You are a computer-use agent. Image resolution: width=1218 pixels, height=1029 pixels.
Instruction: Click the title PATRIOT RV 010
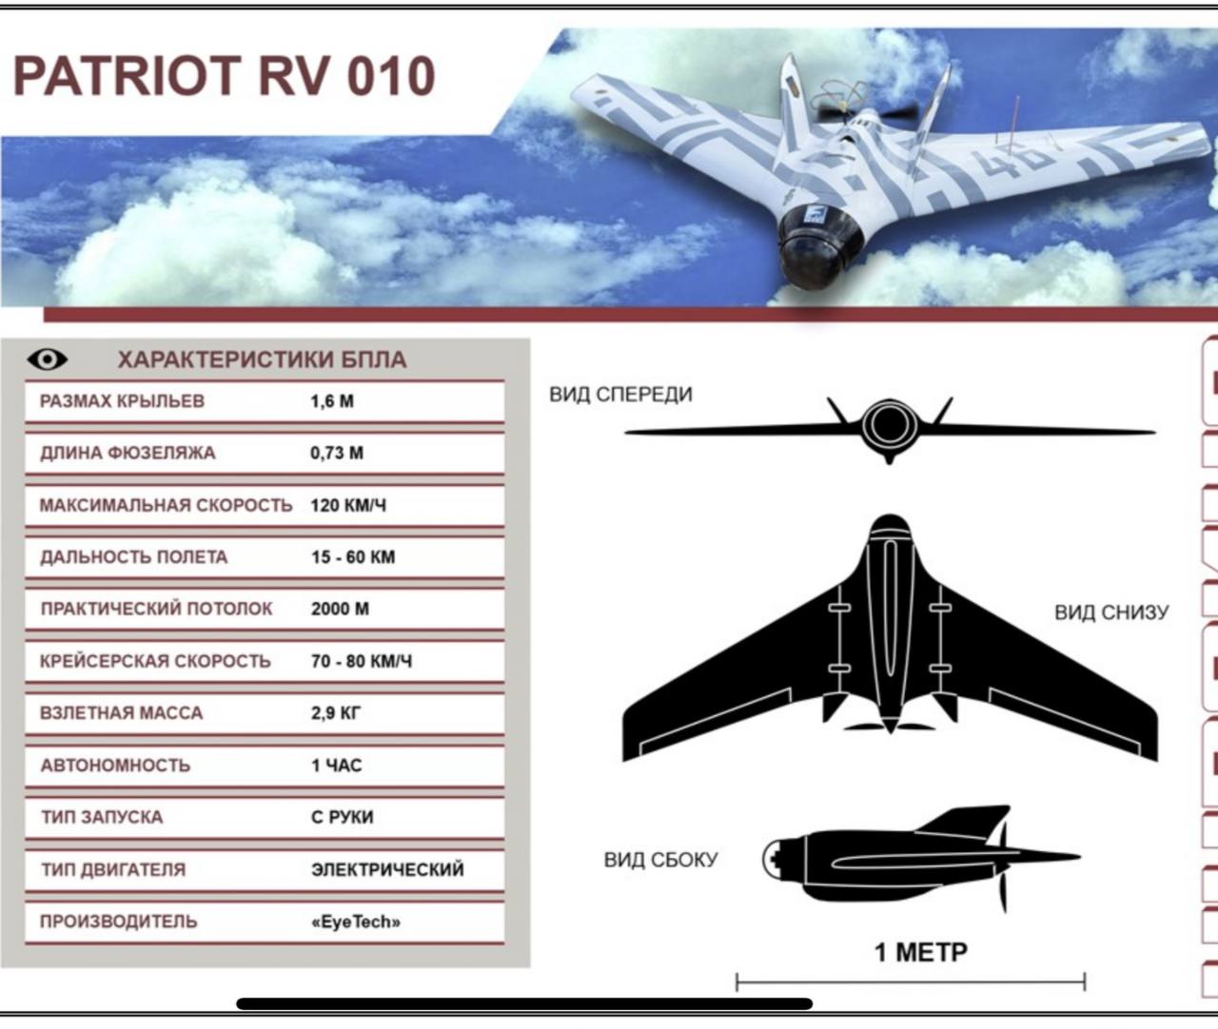coord(224,76)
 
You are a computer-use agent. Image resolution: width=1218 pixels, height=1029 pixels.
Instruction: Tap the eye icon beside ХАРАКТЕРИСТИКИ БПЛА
coord(48,359)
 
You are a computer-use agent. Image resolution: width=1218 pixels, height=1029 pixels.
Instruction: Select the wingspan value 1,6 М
coord(332,401)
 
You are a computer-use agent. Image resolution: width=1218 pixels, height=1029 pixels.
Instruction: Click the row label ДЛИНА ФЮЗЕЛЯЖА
coord(128,453)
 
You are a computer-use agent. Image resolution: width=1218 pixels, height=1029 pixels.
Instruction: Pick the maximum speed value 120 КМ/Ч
coord(348,505)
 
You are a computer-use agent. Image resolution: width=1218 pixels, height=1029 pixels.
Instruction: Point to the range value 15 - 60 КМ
coord(353,557)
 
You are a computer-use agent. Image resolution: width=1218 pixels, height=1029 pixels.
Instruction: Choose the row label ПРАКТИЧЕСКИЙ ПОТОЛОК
coord(156,609)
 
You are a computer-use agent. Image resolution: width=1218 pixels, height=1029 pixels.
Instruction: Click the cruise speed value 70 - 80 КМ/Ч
coord(362,661)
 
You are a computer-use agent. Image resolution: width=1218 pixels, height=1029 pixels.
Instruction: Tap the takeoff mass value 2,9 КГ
coord(336,713)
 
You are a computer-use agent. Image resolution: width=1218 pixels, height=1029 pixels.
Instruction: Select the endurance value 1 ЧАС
coord(337,766)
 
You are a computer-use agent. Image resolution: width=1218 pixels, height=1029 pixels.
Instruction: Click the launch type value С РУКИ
coord(343,817)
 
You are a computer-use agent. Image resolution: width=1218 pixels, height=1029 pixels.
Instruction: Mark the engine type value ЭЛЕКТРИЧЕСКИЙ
coord(388,869)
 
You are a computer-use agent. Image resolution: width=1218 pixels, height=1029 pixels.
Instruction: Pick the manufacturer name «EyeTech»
coord(356,922)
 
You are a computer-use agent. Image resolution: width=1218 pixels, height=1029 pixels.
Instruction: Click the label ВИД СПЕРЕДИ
coord(620,395)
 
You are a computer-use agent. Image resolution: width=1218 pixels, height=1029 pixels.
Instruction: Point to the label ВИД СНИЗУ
coord(1111,612)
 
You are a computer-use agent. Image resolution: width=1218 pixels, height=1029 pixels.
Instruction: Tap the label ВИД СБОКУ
coord(661,860)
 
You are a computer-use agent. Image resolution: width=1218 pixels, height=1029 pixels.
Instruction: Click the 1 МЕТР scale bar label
coord(920,952)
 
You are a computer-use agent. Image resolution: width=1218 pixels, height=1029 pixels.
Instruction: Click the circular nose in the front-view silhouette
coord(889,424)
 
